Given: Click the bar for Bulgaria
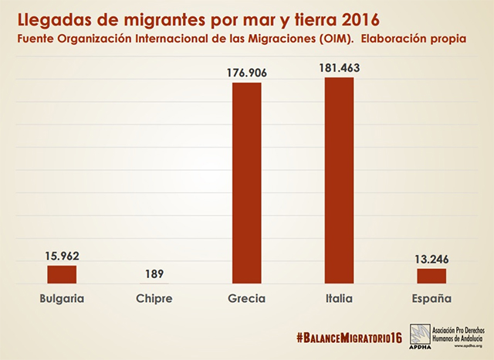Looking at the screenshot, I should click(62, 274).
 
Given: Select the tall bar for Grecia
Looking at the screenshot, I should click(247, 182).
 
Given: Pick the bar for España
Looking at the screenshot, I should click(431, 276).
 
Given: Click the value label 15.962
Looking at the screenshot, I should click(62, 256).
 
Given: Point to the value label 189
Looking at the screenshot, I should click(154, 274).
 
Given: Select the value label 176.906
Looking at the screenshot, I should click(247, 72).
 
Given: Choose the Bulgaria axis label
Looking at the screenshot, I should click(62, 298).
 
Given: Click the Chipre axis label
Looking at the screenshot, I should click(154, 298).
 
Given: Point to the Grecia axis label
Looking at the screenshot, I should click(247, 298).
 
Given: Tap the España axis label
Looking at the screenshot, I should click(431, 298).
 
